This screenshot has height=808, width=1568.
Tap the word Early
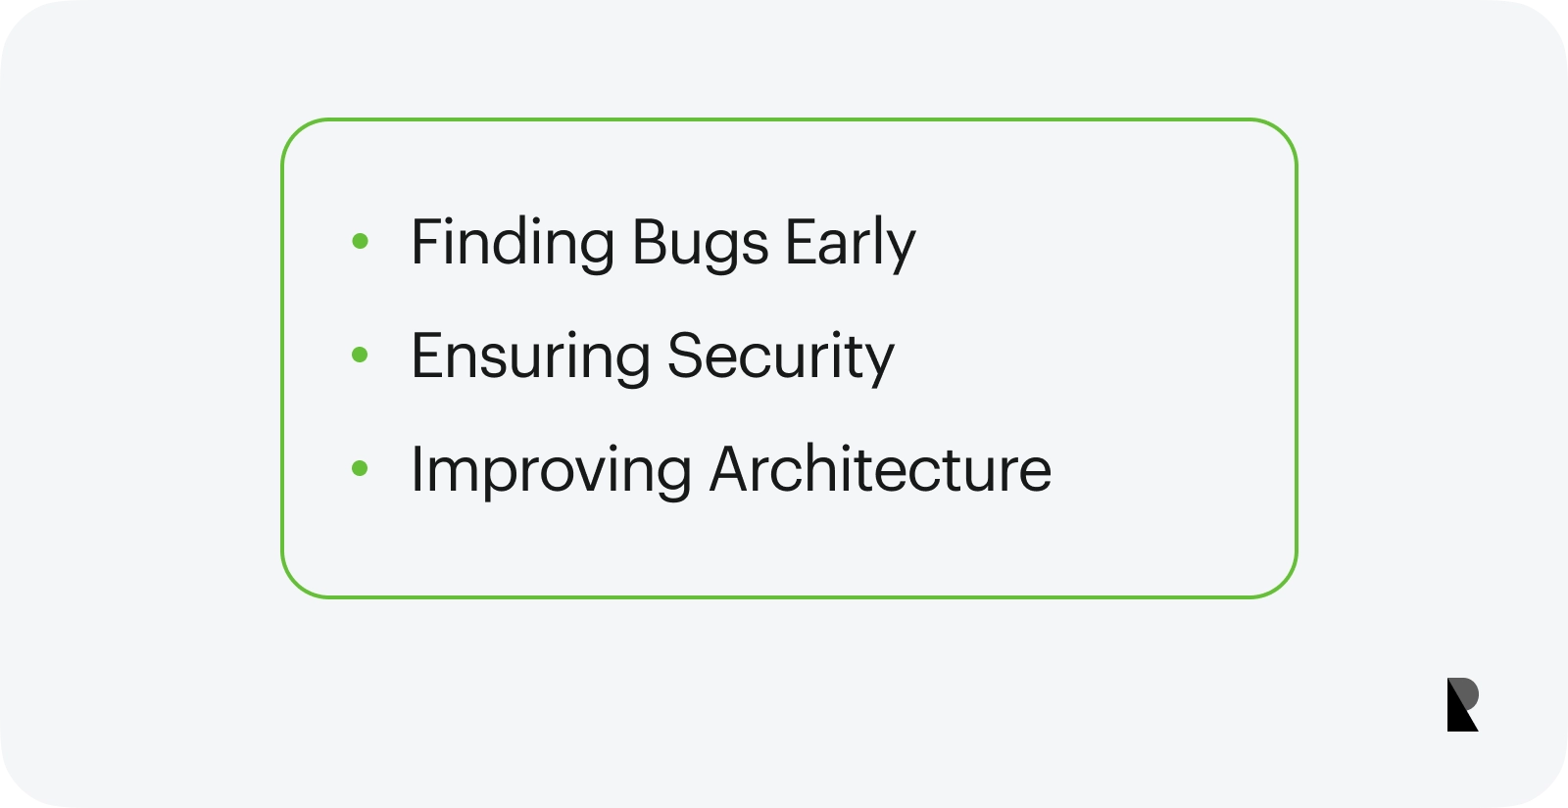click(851, 242)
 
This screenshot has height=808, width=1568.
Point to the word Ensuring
click(530, 357)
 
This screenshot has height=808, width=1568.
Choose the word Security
click(781, 357)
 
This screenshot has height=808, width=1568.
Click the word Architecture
click(881, 469)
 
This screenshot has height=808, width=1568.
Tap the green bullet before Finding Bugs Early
click(360, 241)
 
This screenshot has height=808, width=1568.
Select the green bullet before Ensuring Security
click(360, 355)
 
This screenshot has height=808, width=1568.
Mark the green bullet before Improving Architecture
click(360, 468)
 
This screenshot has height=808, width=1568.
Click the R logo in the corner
click(1463, 704)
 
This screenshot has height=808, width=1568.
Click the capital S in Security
click(686, 356)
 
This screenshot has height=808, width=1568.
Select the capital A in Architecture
click(731, 469)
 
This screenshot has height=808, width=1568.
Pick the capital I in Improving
click(417, 469)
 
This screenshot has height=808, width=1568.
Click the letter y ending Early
click(900, 252)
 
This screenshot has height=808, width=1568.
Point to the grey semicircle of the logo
click(1467, 694)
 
